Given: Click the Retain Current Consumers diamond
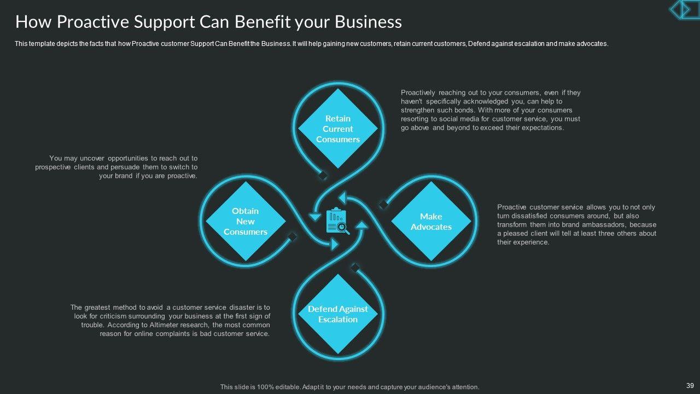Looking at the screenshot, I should point(338,129).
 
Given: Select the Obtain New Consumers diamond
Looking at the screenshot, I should point(246,221).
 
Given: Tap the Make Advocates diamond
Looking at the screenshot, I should point(431,222).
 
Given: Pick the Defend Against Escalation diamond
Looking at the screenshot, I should point(338,314).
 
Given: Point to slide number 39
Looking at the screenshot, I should point(690,386).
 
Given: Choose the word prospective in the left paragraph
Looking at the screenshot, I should point(53,167).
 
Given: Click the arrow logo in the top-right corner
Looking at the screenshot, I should point(684,9).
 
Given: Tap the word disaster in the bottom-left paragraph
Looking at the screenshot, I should point(237,307).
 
